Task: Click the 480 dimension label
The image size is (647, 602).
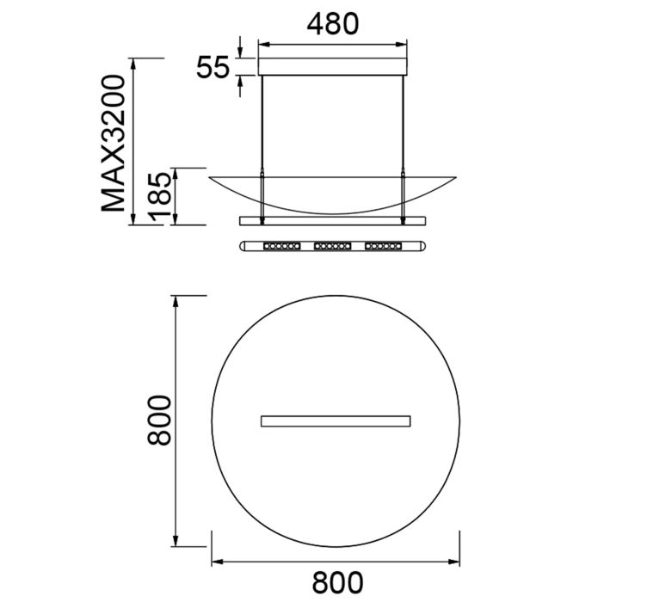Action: pyautogui.click(x=333, y=24)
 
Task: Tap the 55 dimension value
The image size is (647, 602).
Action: pyautogui.click(x=213, y=67)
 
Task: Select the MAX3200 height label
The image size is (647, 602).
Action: pyautogui.click(x=113, y=144)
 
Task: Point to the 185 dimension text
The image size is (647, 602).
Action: pyautogui.click(x=159, y=196)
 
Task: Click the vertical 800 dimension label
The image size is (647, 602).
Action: pyautogui.click(x=159, y=421)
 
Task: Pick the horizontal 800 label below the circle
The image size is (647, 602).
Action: pyautogui.click(x=337, y=582)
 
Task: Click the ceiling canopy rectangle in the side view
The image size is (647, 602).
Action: pyautogui.click(x=333, y=67)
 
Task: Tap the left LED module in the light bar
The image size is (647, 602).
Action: pyautogui.click(x=282, y=246)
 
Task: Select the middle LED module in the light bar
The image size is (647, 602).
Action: pyautogui.click(x=333, y=246)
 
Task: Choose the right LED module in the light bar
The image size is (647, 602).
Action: pyautogui.click(x=384, y=246)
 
